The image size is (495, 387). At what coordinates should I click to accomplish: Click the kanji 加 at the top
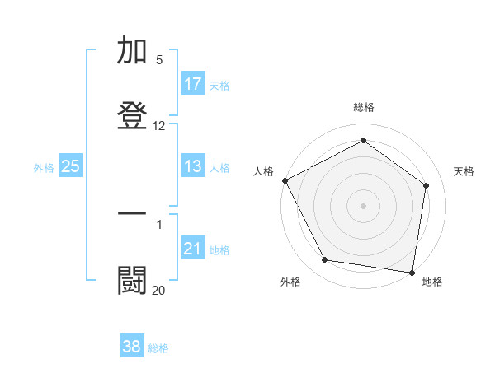coord(133,51)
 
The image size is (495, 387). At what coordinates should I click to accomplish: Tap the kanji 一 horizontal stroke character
coord(133,213)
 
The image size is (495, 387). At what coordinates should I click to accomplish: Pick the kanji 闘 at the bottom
coord(133,279)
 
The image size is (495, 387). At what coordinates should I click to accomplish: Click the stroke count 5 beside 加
coord(159,60)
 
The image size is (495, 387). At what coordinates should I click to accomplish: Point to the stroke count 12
coord(159,126)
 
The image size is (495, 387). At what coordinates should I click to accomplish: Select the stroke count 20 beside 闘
coord(159,290)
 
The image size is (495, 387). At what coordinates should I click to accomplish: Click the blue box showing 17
coord(193,84)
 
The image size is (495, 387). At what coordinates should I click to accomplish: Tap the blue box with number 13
coord(193,166)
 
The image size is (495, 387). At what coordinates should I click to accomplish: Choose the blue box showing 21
coord(193,249)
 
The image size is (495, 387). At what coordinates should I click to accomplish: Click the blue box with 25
coord(71,166)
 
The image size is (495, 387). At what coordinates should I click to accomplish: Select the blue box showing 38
coord(132,347)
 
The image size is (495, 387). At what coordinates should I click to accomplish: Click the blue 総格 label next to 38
coord(159,348)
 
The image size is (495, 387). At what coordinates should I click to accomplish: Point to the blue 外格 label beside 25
coord(44,168)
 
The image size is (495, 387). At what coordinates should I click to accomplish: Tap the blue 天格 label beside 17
coord(219,86)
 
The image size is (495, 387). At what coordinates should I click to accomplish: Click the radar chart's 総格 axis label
coord(364,107)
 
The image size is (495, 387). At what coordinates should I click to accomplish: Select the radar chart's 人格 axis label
coord(263,171)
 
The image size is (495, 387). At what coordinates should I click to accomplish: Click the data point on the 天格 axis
coord(427,185)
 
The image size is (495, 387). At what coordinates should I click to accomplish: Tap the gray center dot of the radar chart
coord(363,205)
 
